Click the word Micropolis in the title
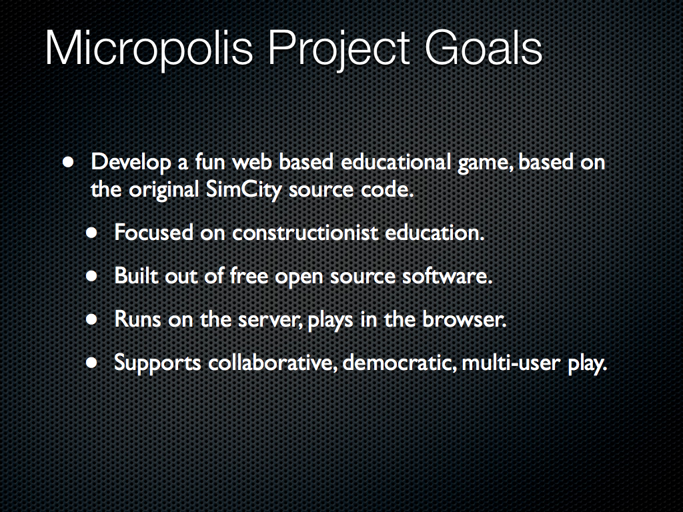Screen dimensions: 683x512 click(149, 49)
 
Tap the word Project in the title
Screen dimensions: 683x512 click(338, 49)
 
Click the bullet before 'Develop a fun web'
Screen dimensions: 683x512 click(68, 163)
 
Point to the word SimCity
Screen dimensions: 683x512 click(243, 190)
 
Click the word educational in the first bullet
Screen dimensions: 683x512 click(396, 161)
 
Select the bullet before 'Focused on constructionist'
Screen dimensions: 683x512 click(91, 233)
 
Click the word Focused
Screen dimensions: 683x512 click(154, 233)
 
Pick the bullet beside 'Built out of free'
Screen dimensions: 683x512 click(91, 275)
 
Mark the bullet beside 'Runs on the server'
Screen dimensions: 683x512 click(91, 319)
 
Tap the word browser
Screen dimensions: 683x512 click(464, 319)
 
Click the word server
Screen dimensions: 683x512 click(270, 320)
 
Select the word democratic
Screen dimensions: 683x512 click(400, 363)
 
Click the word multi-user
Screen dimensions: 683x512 click(510, 363)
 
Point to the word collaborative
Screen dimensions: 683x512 click(273, 363)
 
